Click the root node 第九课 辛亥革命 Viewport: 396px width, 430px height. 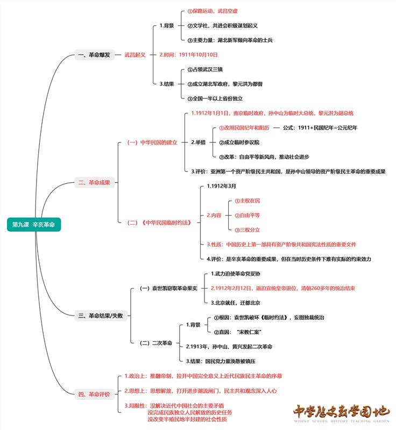[34, 225]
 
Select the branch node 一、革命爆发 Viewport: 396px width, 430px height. [94, 55]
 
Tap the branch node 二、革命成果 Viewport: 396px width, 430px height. [94, 183]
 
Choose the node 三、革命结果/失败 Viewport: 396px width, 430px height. [101, 316]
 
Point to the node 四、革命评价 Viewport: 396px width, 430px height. [94, 395]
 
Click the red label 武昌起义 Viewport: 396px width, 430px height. [135, 55]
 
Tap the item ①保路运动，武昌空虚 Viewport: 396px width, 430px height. [213, 11]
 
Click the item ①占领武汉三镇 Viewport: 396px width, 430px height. [204, 70]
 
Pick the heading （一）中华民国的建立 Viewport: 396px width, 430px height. [152, 142]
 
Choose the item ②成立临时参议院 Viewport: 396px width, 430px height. [239, 142]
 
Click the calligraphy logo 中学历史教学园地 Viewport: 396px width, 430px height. [341, 413]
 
